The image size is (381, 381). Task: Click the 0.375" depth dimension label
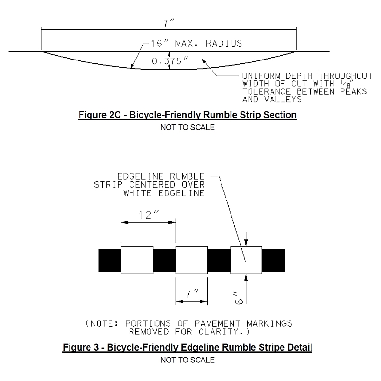coord(170,61)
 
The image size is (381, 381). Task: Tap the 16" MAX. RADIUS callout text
coord(196,43)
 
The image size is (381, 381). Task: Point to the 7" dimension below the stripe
coord(192,294)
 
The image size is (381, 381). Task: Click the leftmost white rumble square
coord(137,260)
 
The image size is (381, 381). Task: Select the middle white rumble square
coord(191,260)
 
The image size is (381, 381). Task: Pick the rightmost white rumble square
coord(246,260)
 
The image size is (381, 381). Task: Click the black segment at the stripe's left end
coord(110,260)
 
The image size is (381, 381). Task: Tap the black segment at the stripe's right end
coord(273,260)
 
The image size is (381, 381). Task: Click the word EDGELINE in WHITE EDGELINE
coord(181,193)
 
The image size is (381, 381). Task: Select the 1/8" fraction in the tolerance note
coord(347,83)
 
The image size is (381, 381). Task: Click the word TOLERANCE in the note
coord(266,91)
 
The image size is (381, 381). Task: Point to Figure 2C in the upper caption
coord(100,115)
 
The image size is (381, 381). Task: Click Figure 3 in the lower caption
coord(81,347)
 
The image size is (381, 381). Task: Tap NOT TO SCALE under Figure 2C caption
coord(188,127)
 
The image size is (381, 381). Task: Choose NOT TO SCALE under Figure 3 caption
coord(188,360)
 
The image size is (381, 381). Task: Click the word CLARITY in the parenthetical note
coord(221,331)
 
